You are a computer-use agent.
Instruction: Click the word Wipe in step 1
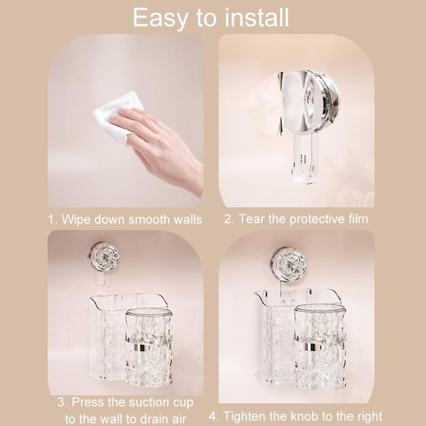coord(76,220)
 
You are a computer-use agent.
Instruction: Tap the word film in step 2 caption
coord(357,219)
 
